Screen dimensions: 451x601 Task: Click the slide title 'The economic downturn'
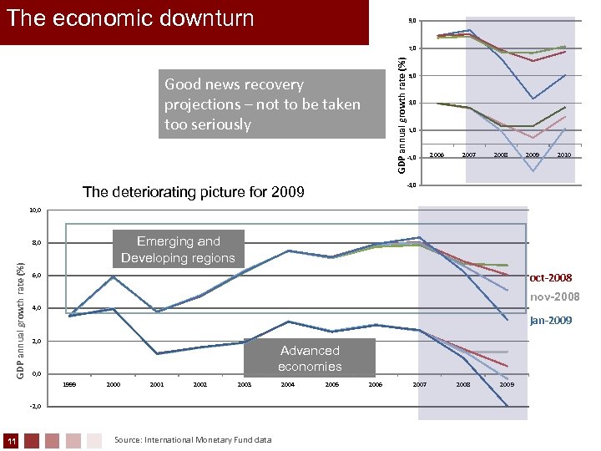[x=130, y=18]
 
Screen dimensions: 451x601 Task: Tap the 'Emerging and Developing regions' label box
[x=178, y=250]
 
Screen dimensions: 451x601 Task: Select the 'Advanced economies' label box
[x=310, y=358]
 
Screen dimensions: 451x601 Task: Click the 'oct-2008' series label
[x=550, y=277]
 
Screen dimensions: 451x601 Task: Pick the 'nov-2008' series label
[x=554, y=297]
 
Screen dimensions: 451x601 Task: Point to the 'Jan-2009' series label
[x=551, y=319]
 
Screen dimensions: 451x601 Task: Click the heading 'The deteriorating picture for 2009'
[x=194, y=192]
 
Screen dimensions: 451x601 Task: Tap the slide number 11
[x=9, y=440]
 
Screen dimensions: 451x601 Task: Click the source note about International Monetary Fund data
[x=193, y=439]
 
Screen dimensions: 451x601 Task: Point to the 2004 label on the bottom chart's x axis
[x=287, y=384]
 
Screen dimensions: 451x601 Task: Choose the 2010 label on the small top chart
[x=564, y=155]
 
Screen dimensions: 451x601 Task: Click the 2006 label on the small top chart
[x=437, y=155]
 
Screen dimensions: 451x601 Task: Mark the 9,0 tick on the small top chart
[x=412, y=21]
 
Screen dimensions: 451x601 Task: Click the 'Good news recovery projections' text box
[x=262, y=104]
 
